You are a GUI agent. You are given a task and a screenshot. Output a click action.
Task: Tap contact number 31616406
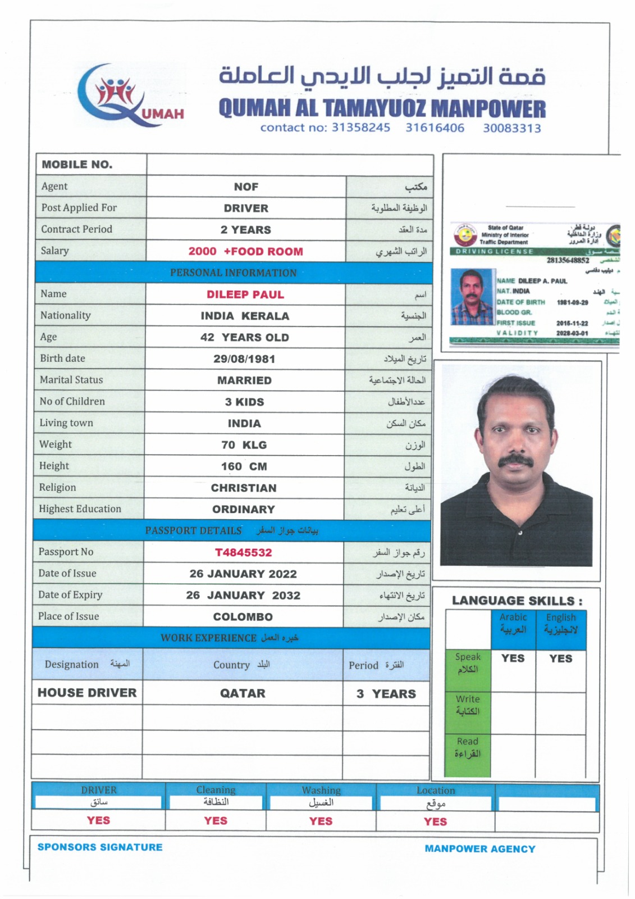(435, 128)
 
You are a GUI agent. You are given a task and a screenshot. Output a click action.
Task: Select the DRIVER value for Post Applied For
(246, 208)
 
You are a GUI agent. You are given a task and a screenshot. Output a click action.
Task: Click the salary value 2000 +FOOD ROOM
(245, 252)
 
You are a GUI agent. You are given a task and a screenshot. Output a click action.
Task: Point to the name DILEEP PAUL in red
(245, 294)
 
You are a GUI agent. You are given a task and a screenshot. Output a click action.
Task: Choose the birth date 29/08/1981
(244, 359)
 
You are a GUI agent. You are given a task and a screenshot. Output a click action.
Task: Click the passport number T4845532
(243, 552)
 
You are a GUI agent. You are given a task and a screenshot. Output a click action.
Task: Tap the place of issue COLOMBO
(243, 617)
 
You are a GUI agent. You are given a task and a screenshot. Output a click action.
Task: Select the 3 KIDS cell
(244, 402)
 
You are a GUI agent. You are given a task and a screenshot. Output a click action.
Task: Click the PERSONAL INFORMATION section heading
(233, 273)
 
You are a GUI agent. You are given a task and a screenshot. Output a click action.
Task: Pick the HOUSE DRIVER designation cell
(87, 693)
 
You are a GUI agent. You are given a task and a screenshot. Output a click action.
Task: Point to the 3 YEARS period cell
(386, 694)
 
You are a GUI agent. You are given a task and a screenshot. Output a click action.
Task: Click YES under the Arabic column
(513, 659)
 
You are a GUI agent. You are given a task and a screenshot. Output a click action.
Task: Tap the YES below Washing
(321, 821)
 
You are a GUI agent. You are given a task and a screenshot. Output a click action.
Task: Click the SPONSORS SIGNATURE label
(100, 847)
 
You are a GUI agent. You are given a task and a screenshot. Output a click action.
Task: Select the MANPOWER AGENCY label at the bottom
(479, 849)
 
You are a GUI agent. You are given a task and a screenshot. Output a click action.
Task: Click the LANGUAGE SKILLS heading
(517, 601)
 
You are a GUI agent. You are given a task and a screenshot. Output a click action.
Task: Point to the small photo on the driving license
(472, 297)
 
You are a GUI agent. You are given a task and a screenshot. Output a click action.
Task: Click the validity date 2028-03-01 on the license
(572, 333)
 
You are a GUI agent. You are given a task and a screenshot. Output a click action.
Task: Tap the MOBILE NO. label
(77, 165)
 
